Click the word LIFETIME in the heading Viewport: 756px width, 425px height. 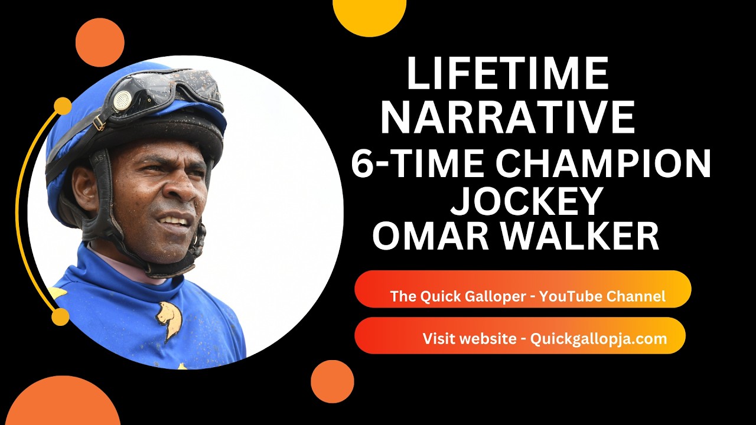point(507,74)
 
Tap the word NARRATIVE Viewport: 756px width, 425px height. point(507,117)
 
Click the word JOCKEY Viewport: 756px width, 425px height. point(526,202)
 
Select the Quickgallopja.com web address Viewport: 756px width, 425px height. point(598,339)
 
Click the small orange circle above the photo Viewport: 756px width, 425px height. point(100,42)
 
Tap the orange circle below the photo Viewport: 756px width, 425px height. point(332,382)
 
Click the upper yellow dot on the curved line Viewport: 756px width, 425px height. point(63,106)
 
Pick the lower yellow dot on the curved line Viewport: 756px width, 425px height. point(60,317)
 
